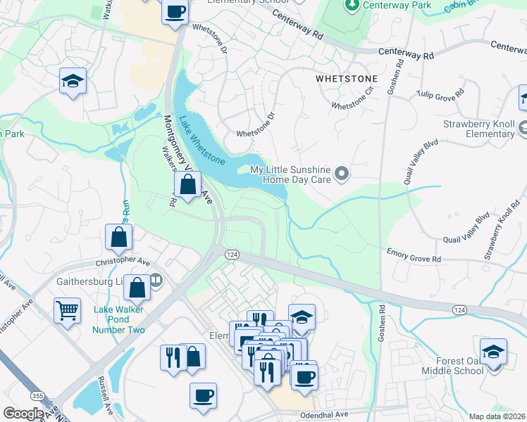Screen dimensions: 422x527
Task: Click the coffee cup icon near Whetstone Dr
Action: pos(175,11)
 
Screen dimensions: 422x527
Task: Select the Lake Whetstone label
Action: pos(201,141)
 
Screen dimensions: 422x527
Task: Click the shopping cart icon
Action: pos(67,309)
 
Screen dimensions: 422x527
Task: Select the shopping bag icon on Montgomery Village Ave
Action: pos(187,186)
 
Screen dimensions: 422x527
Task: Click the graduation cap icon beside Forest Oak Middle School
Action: pos(493,350)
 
